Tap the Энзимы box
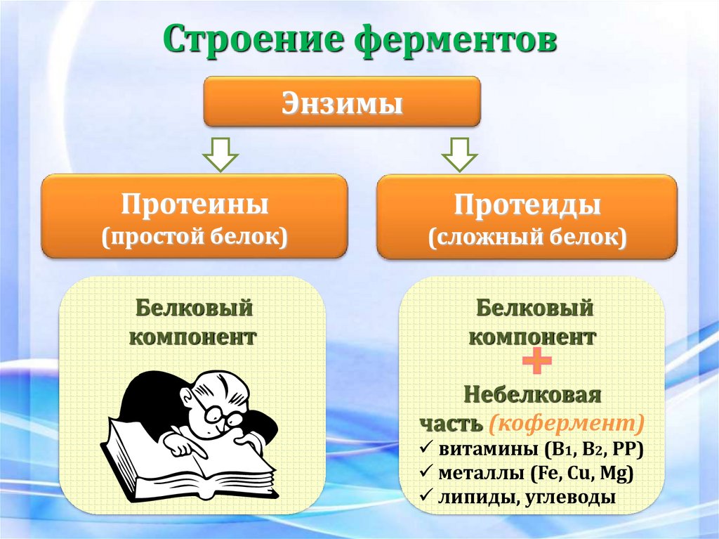pos(342,103)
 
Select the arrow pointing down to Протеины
pos(220,152)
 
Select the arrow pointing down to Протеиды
pos(460,152)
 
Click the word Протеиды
pos(527,206)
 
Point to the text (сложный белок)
pos(527,237)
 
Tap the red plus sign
pos(537,363)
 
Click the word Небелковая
pos(532,395)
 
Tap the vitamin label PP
pos(624,450)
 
